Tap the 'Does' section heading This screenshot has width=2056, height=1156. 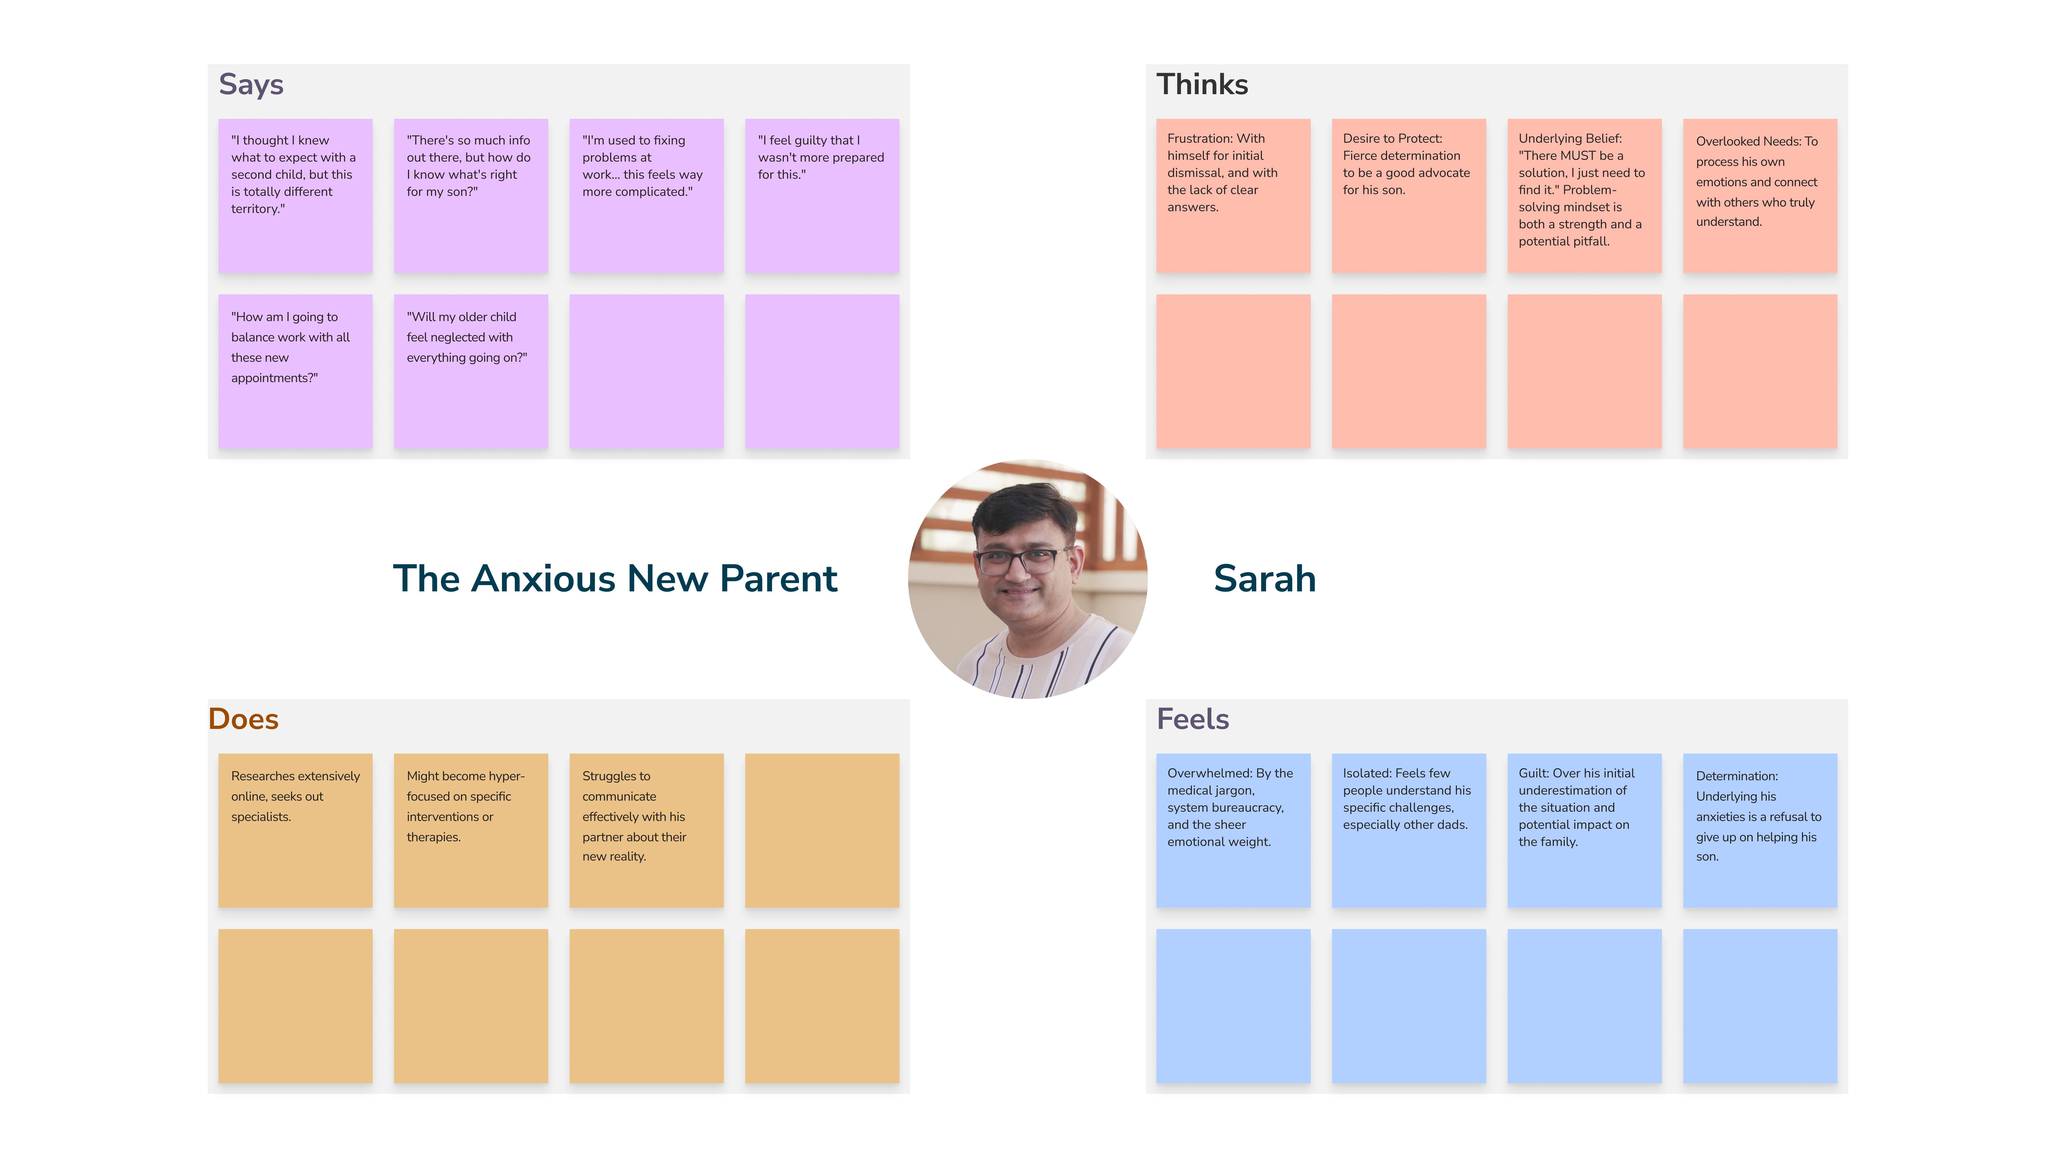(243, 719)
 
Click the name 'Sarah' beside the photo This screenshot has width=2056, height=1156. (1264, 578)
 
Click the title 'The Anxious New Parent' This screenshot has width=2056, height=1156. (615, 578)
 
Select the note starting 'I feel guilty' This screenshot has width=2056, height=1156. (822, 196)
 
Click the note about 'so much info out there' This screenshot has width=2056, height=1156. (471, 196)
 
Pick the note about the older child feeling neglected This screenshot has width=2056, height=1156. (471, 372)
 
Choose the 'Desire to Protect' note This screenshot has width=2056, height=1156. (1409, 196)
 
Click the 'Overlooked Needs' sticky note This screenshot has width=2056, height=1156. (1760, 196)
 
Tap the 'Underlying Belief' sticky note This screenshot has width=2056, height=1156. (1584, 196)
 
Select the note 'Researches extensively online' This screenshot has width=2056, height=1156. (295, 831)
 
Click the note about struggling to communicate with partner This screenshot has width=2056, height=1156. (647, 831)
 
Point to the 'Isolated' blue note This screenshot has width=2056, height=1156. (1409, 831)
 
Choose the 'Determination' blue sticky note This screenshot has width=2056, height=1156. (1760, 831)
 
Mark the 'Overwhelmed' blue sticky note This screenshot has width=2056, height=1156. (1233, 831)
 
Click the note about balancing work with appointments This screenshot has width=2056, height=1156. (295, 372)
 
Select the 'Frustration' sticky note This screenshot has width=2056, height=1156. (1233, 196)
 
